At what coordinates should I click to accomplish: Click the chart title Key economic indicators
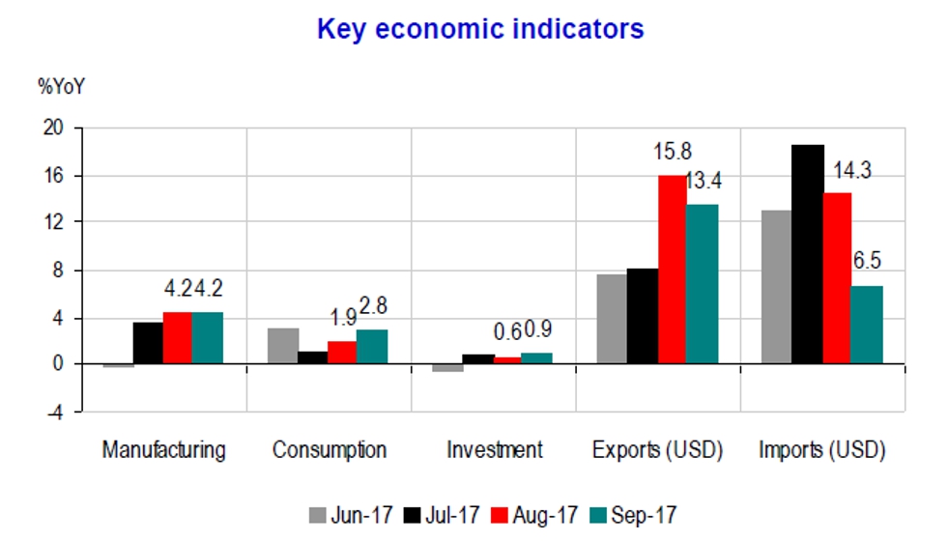point(480,30)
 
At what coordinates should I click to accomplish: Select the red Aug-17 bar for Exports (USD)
point(671,270)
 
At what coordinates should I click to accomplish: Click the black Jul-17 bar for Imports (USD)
point(808,255)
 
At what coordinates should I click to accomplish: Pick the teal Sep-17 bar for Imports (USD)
point(867,325)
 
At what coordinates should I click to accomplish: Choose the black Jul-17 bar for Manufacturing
point(148,343)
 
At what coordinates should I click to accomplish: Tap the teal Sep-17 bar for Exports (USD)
point(701,284)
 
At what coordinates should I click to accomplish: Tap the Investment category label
point(495,449)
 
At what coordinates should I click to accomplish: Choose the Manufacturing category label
point(164,449)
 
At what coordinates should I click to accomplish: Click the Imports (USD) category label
point(822,449)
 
